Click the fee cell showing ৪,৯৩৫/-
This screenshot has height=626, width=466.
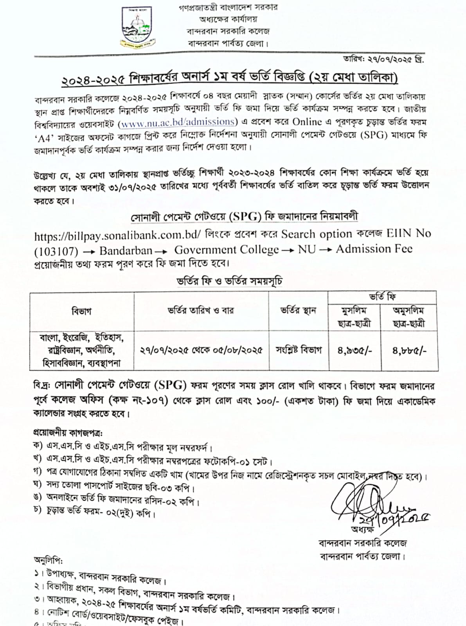(354, 351)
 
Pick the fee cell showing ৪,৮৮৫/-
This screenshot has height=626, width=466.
(409, 351)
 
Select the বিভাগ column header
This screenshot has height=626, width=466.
(82, 311)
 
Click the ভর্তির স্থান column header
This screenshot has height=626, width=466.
(298, 311)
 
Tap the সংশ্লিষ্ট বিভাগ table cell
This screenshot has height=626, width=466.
(299, 350)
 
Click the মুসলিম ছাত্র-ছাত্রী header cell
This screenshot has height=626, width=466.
(354, 317)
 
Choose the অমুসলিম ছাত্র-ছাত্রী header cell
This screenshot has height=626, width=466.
(409, 317)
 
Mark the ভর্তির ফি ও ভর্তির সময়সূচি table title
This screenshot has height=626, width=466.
(229, 281)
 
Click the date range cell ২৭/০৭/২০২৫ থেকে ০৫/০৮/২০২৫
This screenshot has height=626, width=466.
(201, 350)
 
